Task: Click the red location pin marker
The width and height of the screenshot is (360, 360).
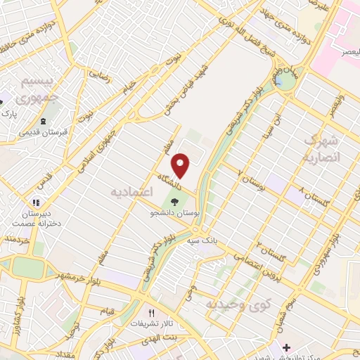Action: point(181,166)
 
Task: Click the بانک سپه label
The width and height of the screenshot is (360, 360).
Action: point(200,240)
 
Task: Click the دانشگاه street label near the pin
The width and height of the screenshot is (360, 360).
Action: point(170,182)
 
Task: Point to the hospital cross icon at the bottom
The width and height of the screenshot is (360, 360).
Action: point(286,348)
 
